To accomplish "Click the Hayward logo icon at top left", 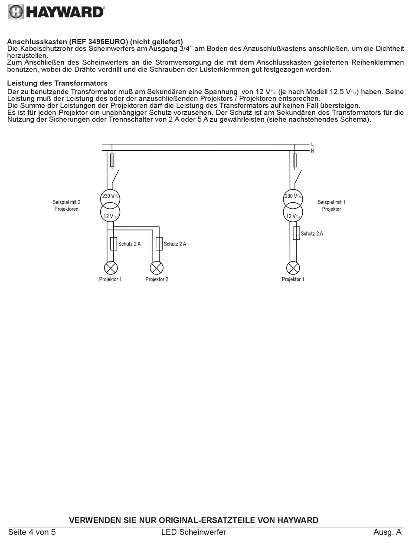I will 16,12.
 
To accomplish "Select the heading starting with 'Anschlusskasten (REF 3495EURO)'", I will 95,42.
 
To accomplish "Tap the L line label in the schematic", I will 312,144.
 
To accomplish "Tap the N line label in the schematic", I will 312,151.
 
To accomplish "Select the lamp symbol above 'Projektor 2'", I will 157,268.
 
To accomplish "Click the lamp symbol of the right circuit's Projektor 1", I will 293,268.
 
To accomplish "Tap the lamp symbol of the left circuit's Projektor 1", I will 111,268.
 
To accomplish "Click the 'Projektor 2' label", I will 157,279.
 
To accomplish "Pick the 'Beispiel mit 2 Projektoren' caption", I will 66,206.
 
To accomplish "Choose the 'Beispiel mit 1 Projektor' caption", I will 331,206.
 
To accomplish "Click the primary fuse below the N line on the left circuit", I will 112,160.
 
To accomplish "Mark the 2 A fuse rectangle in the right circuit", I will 296,233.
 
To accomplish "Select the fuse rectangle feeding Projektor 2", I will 159,243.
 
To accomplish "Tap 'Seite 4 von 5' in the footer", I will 32,532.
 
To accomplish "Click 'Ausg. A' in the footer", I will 387,532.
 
